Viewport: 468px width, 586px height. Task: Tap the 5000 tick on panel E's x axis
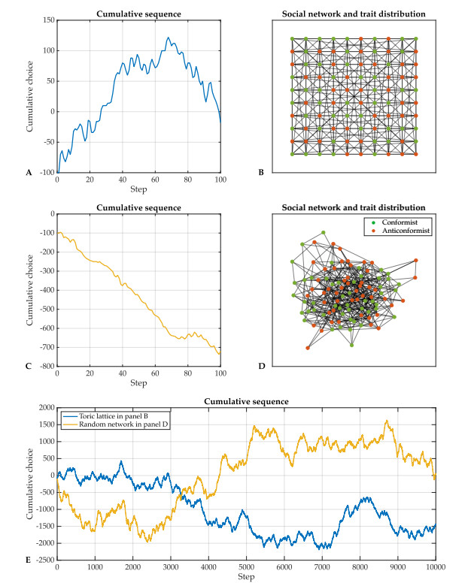tap(246, 567)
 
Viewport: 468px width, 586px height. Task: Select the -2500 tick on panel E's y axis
tap(42, 560)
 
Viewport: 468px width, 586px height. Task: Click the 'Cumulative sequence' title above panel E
tap(245, 400)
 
